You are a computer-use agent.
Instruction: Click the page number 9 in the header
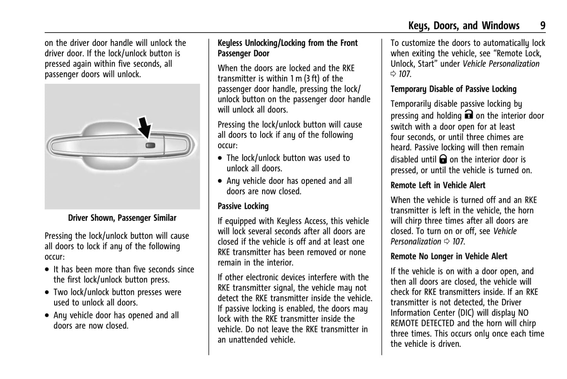(x=543, y=26)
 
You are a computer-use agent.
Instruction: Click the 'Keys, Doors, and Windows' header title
(x=463, y=26)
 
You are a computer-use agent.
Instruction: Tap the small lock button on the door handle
(x=150, y=145)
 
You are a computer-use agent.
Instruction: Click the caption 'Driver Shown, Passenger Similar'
(x=122, y=218)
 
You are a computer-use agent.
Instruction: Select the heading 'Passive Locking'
(x=243, y=206)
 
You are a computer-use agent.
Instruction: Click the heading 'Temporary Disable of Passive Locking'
(x=453, y=89)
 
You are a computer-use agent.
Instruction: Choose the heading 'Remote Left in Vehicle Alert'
(x=438, y=185)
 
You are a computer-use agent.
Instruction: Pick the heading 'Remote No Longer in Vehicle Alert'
(x=449, y=256)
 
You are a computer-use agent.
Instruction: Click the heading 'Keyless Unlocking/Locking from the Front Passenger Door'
(x=288, y=48)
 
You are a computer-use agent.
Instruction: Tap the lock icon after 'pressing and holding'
(x=469, y=115)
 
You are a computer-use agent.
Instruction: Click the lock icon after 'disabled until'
(x=443, y=159)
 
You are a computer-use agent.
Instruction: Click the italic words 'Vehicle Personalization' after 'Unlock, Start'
(x=501, y=64)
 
